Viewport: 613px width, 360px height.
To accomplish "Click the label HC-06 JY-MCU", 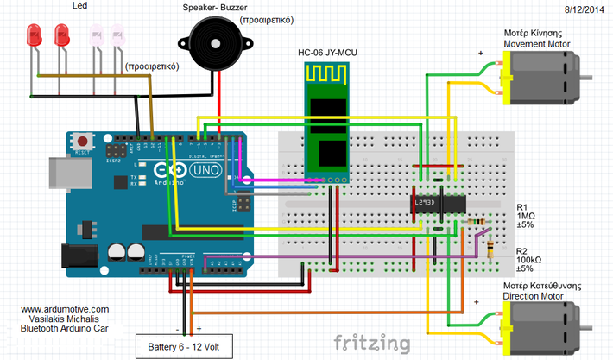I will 328,54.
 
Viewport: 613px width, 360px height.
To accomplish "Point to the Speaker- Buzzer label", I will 216,8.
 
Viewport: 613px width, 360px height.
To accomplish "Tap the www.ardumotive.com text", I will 65,309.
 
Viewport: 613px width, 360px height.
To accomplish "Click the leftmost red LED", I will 35,35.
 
